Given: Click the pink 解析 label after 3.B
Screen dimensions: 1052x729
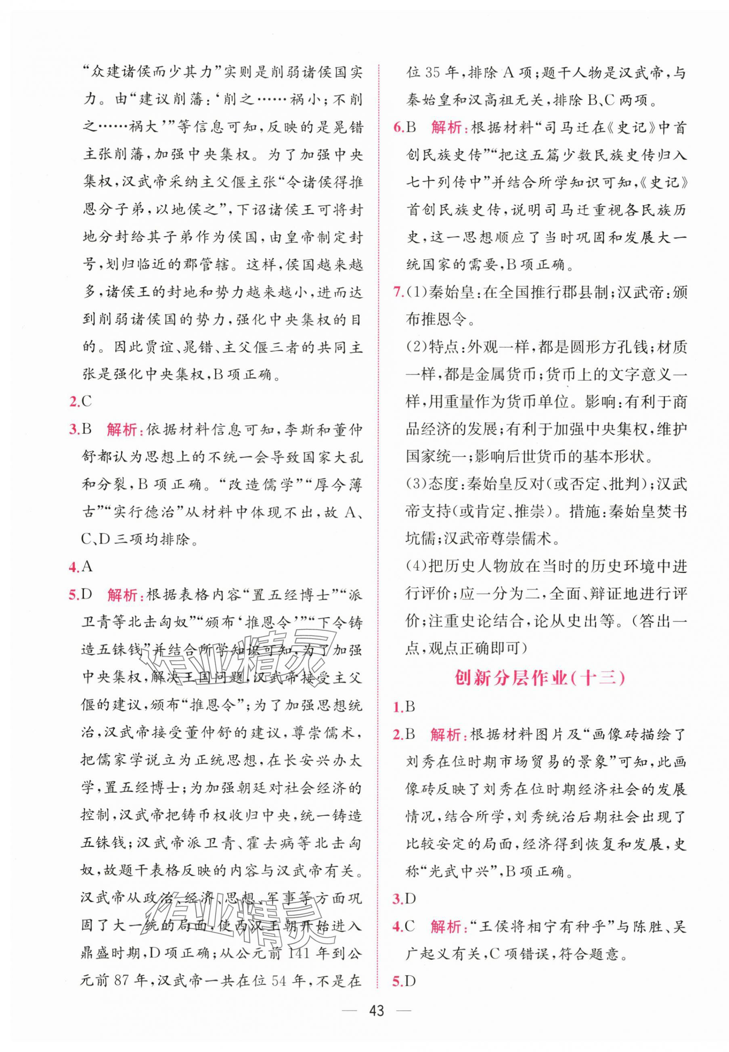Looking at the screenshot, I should click(x=124, y=430).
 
